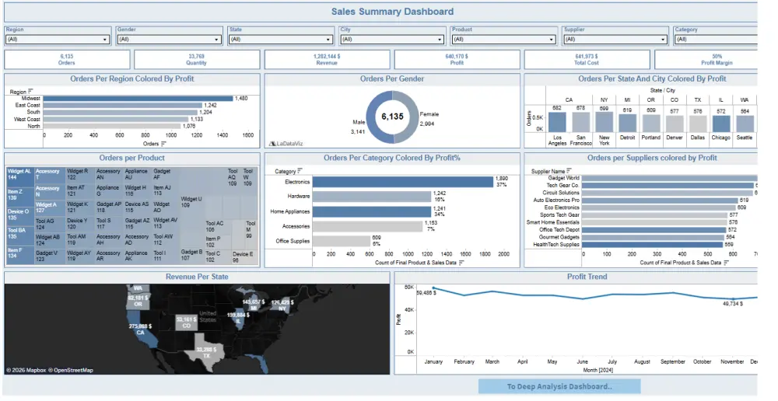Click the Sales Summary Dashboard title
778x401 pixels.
pyautogui.click(x=392, y=12)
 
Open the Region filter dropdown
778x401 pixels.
pyautogui.click(x=58, y=39)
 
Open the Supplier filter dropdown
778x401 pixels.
pyautogui.click(x=615, y=39)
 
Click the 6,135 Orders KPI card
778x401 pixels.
pyautogui.click(x=67, y=60)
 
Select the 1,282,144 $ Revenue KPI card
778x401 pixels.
pyautogui.click(x=327, y=60)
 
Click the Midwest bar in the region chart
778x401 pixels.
pyautogui.click(x=138, y=99)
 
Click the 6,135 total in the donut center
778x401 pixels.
pyautogui.click(x=392, y=117)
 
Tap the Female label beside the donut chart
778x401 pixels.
pyautogui.click(x=429, y=113)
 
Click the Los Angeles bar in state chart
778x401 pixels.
pyautogui.click(x=557, y=122)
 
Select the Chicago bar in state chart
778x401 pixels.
pyautogui.click(x=721, y=122)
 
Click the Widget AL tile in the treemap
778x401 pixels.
pyautogui.click(x=19, y=175)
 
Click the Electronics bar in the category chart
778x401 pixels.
pyautogui.click(x=403, y=182)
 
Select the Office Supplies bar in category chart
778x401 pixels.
pyautogui.click(x=342, y=241)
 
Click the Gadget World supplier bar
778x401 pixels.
pyautogui.click(x=669, y=178)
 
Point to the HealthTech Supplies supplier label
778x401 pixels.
pyautogui.click(x=557, y=245)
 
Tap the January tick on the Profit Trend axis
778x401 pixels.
pyautogui.click(x=433, y=362)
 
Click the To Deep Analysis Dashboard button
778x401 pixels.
pyautogui.click(x=559, y=386)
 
